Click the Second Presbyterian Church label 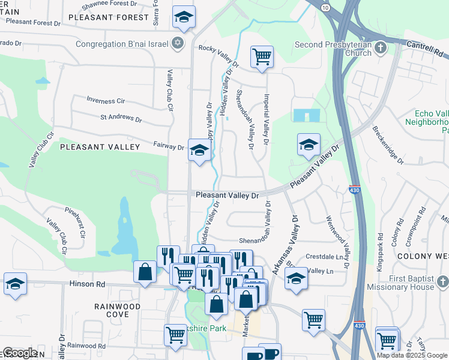(x=333, y=48)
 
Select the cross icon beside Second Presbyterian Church (x=380, y=47)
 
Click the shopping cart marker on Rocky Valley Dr (x=262, y=58)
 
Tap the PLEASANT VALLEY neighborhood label (x=100, y=146)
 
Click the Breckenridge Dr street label (x=388, y=145)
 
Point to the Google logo (x=20, y=353)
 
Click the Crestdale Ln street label (x=328, y=256)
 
